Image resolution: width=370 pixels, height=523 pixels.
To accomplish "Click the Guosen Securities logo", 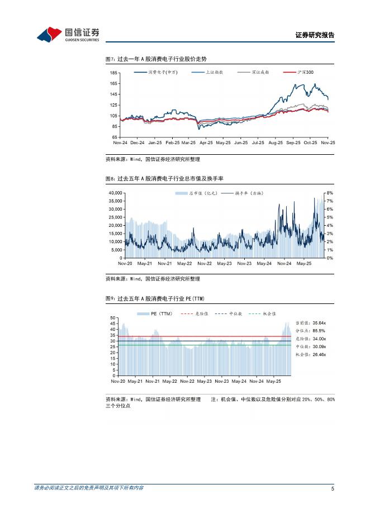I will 68,35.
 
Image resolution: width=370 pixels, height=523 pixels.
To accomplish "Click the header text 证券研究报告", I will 315,35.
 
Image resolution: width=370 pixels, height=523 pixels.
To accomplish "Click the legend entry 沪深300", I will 306,73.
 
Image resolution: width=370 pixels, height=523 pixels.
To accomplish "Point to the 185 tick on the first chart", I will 113,73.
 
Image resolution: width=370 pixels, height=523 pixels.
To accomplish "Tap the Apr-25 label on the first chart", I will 206,142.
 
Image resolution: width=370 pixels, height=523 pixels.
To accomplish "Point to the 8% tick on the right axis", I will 330,192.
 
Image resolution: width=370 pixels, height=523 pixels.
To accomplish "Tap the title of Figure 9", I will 159,299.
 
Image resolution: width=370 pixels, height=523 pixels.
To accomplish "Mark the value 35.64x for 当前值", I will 320,323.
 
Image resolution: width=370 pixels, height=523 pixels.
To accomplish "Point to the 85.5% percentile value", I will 319,331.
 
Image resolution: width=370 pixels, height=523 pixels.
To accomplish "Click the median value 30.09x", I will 320,346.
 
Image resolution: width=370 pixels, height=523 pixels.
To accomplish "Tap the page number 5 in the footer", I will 333,489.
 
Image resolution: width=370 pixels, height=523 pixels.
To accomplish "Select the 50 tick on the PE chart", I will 114,317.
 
